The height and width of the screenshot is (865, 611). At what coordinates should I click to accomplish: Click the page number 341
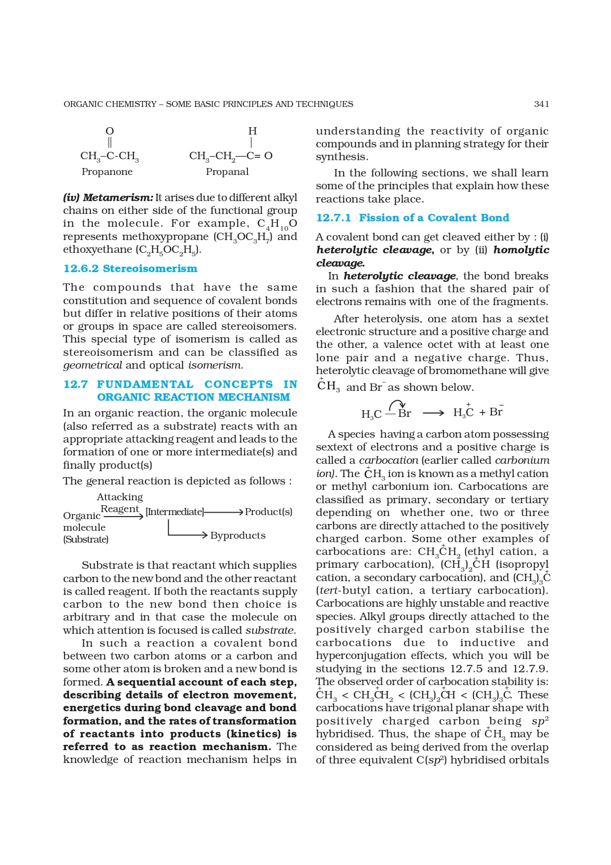pos(541,104)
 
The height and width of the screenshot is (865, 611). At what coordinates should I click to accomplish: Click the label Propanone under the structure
pos(107,172)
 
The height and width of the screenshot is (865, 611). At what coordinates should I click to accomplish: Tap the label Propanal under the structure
pos(227,172)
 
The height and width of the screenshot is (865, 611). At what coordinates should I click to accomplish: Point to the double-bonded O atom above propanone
pos(110,131)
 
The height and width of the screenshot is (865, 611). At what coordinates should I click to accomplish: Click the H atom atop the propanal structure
pos(252,131)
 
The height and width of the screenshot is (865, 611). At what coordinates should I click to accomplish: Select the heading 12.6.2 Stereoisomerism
pos(130,269)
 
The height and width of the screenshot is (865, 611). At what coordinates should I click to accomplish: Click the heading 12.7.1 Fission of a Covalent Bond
pos(412,218)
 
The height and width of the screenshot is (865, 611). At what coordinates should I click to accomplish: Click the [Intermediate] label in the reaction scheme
pos(174,512)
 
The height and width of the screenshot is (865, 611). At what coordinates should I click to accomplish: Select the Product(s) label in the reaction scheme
pos(269,512)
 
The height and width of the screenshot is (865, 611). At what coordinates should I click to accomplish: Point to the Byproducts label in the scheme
pos(238,535)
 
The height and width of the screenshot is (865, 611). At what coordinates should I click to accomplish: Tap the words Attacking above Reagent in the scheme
pos(120,497)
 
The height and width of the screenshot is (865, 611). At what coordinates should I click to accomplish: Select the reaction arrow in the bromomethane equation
pos(433,413)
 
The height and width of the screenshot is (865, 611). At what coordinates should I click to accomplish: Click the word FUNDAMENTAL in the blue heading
pos(145,384)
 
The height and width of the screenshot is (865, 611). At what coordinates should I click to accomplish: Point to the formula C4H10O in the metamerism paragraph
pos(277,224)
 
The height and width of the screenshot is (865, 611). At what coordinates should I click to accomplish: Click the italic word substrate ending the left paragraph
pos(270,630)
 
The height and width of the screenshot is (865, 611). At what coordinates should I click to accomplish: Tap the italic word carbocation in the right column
pos(388,460)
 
